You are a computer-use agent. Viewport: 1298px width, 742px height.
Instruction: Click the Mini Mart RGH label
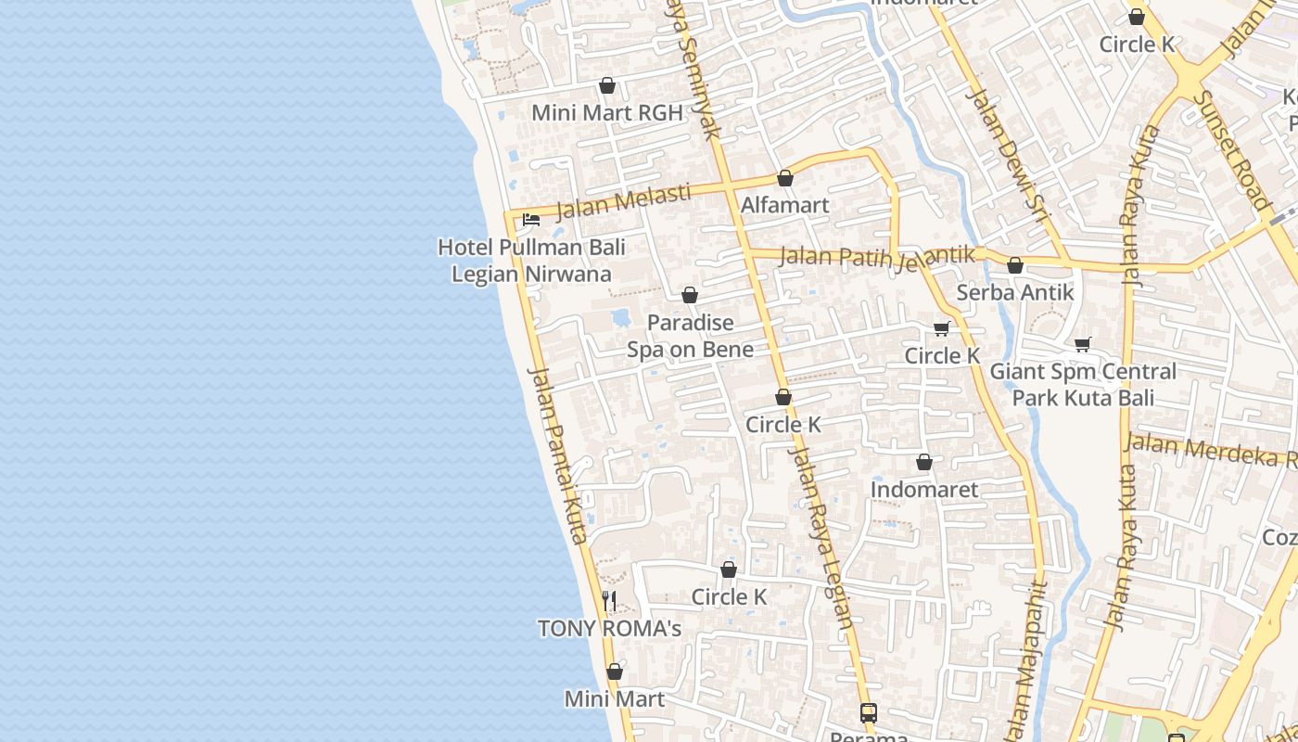606,113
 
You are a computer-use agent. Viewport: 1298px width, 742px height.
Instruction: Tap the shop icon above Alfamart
785,178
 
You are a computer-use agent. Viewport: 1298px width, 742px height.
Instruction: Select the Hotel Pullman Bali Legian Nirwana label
531,261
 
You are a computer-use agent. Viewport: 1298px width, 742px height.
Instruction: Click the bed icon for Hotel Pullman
531,220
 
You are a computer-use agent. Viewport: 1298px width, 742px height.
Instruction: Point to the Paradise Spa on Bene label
690,336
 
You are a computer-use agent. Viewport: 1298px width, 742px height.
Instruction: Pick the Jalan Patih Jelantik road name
877,255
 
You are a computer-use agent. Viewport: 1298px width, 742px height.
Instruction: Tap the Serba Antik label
1015,292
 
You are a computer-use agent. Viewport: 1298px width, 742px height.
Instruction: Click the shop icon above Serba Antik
1015,266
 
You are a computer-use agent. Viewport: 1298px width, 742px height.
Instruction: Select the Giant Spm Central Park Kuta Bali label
1083,385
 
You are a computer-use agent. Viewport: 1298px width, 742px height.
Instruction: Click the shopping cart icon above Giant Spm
1082,345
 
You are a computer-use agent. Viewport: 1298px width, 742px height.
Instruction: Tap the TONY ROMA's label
609,629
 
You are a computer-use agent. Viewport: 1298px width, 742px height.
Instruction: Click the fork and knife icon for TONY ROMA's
609,601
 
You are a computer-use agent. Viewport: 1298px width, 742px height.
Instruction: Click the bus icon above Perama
869,713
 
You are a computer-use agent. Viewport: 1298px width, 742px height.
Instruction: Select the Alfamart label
785,205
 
